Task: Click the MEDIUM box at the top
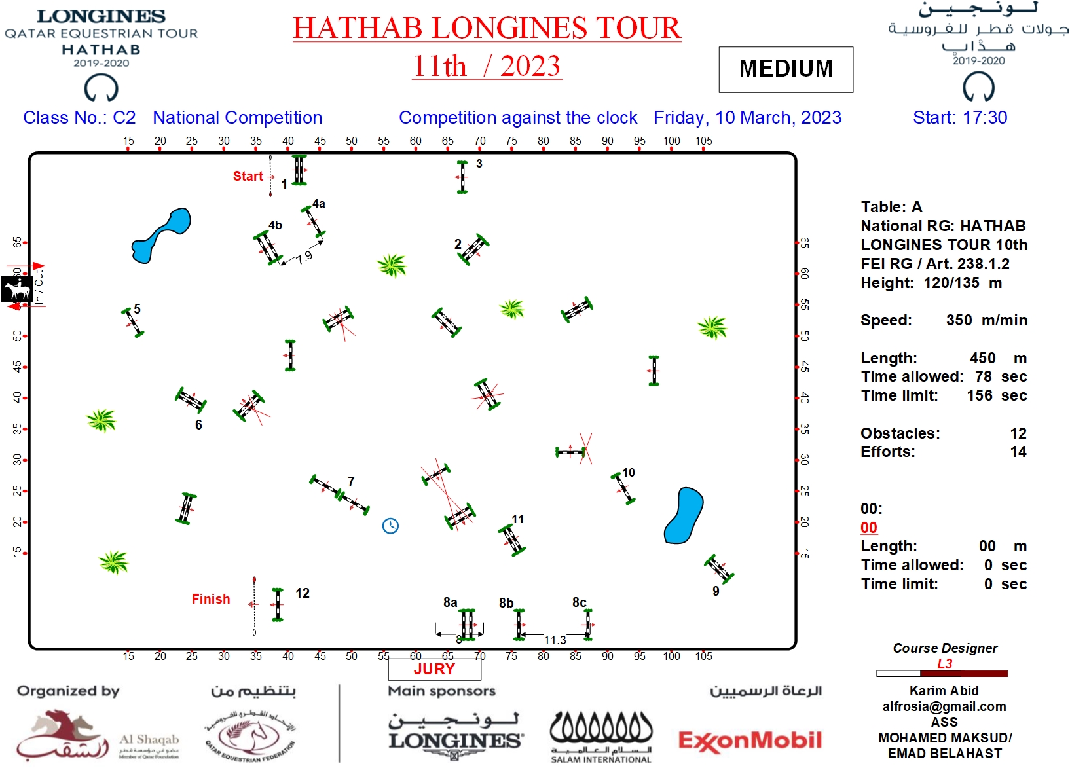coord(786,69)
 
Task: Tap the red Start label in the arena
coord(248,176)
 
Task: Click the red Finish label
coord(211,599)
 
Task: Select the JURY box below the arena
coord(434,669)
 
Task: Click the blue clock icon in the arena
coord(390,526)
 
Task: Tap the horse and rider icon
coord(16,289)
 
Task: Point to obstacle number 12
coord(302,593)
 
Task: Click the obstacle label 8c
coord(579,602)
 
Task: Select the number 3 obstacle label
coord(479,164)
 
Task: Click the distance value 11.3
coord(555,640)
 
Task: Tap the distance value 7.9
coord(304,258)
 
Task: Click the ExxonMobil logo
coord(750,741)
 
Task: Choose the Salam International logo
coord(601,737)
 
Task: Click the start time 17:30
coord(985,118)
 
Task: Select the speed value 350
coord(959,320)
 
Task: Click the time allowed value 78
coord(983,376)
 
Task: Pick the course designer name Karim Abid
coord(944,691)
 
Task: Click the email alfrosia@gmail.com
coord(944,706)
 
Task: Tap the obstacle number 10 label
coord(629,473)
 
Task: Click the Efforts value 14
coord(1018,452)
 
